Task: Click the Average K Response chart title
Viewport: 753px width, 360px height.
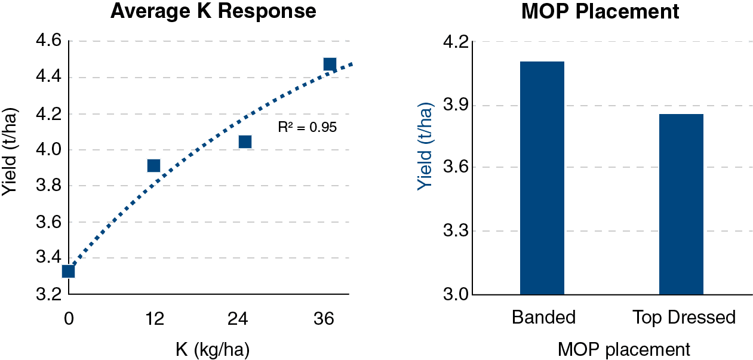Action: (213, 12)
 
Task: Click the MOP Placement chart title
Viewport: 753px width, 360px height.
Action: (600, 12)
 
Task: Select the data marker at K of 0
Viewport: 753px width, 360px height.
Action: (68, 271)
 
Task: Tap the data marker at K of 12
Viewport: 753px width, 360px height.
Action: (153, 165)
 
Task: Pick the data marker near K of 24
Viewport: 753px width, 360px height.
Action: (245, 141)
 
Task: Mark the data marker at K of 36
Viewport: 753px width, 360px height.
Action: (330, 64)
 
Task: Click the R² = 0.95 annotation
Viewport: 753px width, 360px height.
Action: (308, 127)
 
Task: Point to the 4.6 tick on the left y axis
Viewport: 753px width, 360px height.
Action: (48, 41)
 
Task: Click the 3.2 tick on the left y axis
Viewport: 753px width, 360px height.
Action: (48, 294)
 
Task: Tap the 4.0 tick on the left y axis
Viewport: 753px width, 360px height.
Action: (48, 150)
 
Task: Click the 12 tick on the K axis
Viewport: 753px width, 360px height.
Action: (155, 319)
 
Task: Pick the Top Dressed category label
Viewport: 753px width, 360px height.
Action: (684, 317)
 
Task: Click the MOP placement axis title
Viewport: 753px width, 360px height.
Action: (623, 349)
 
